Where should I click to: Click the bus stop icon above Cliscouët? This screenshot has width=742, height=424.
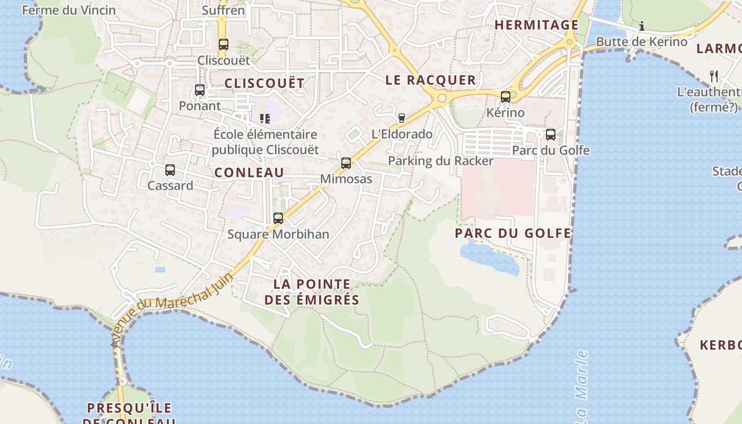223,45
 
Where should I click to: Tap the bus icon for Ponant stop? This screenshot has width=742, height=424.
200,90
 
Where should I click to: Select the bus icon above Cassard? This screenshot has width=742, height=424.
170,170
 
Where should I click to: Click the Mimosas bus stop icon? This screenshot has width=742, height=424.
346,163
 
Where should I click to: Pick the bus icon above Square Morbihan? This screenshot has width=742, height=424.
278,218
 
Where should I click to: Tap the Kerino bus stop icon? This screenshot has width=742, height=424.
506,97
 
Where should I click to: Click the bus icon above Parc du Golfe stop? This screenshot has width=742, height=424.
551,135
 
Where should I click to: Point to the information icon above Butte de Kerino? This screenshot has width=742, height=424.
642,26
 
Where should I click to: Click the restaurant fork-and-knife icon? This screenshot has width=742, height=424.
714,76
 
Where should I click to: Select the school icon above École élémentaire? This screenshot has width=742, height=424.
265,119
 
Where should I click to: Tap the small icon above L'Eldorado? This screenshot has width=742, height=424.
402,118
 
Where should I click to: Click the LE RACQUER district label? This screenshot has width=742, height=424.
430,80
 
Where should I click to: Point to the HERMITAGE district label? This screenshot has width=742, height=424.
536,25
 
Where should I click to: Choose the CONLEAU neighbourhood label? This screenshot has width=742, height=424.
249,172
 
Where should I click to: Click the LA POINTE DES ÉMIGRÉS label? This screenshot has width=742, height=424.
312,292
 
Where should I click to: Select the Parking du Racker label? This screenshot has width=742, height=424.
440,161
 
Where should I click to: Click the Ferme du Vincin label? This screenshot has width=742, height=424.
68,10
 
